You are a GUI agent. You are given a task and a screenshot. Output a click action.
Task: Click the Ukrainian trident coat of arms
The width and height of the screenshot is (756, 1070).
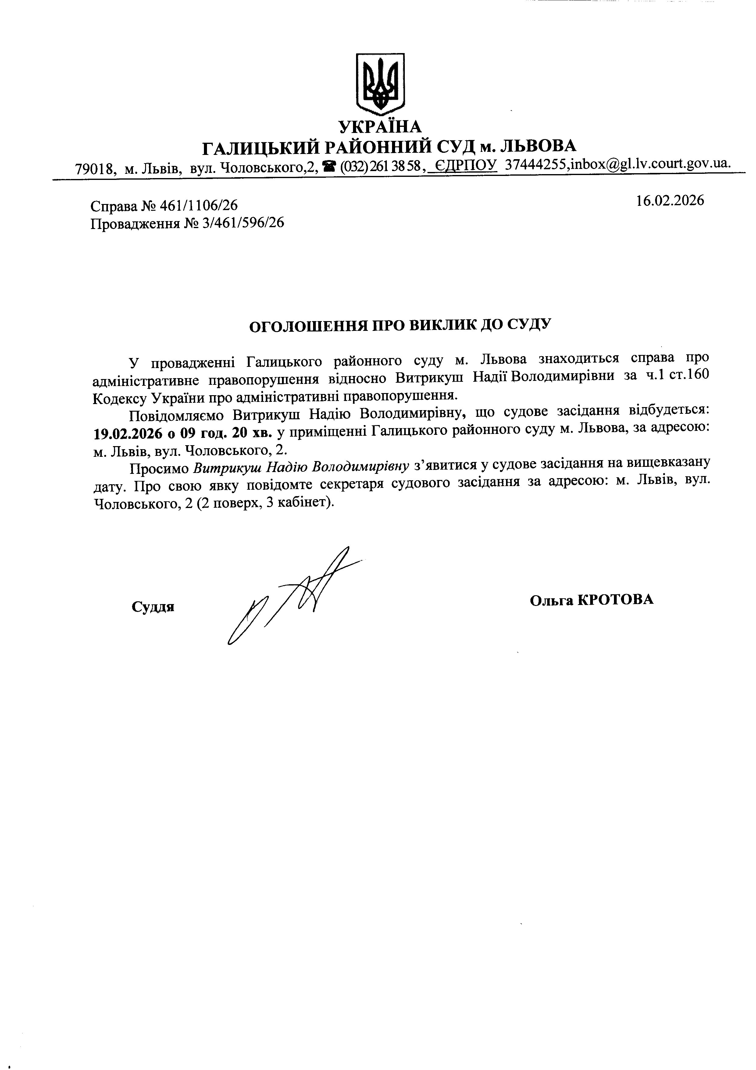[x=380, y=84]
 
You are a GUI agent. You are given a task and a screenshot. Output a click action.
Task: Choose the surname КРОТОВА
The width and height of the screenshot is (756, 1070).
[x=615, y=600]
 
